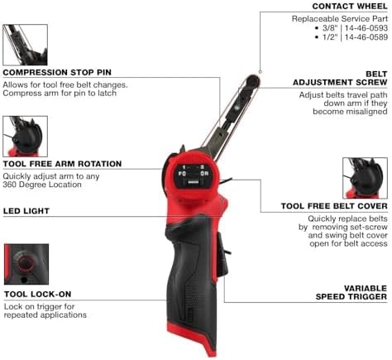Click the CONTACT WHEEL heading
(350, 7)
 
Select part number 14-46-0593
(366, 28)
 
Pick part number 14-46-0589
(366, 37)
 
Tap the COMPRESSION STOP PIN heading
(57, 72)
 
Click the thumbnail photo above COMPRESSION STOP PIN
(25, 45)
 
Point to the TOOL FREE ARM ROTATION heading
(62, 164)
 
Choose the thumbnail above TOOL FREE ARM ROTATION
(25, 137)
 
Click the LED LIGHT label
(26, 211)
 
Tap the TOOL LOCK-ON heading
(38, 295)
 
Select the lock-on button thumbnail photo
(26, 264)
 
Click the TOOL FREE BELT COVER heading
(334, 206)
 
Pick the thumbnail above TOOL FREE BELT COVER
(365, 178)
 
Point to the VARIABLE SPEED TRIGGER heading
(351, 292)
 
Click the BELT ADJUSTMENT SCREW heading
(340, 79)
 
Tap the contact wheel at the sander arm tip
(252, 81)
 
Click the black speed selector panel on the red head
(193, 176)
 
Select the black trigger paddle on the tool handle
(222, 254)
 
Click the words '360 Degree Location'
(42, 185)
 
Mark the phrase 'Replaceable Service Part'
(340, 19)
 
